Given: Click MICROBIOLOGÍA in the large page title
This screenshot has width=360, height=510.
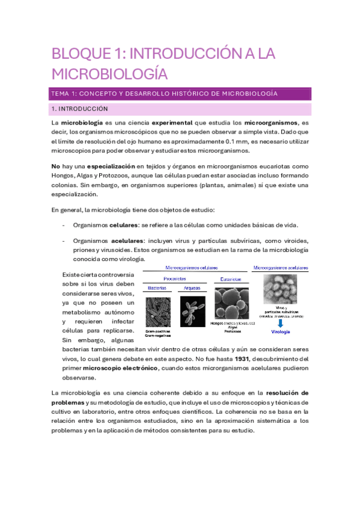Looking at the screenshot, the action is [x=108, y=74].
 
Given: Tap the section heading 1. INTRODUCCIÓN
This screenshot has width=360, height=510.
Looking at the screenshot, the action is [x=79, y=109].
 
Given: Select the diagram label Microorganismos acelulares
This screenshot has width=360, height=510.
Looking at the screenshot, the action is [x=281, y=267].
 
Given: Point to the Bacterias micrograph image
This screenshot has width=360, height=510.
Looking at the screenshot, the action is [x=158, y=313].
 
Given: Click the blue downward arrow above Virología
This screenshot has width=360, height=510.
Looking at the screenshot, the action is [x=281, y=324].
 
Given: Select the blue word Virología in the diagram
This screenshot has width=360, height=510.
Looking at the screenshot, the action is [x=281, y=333].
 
